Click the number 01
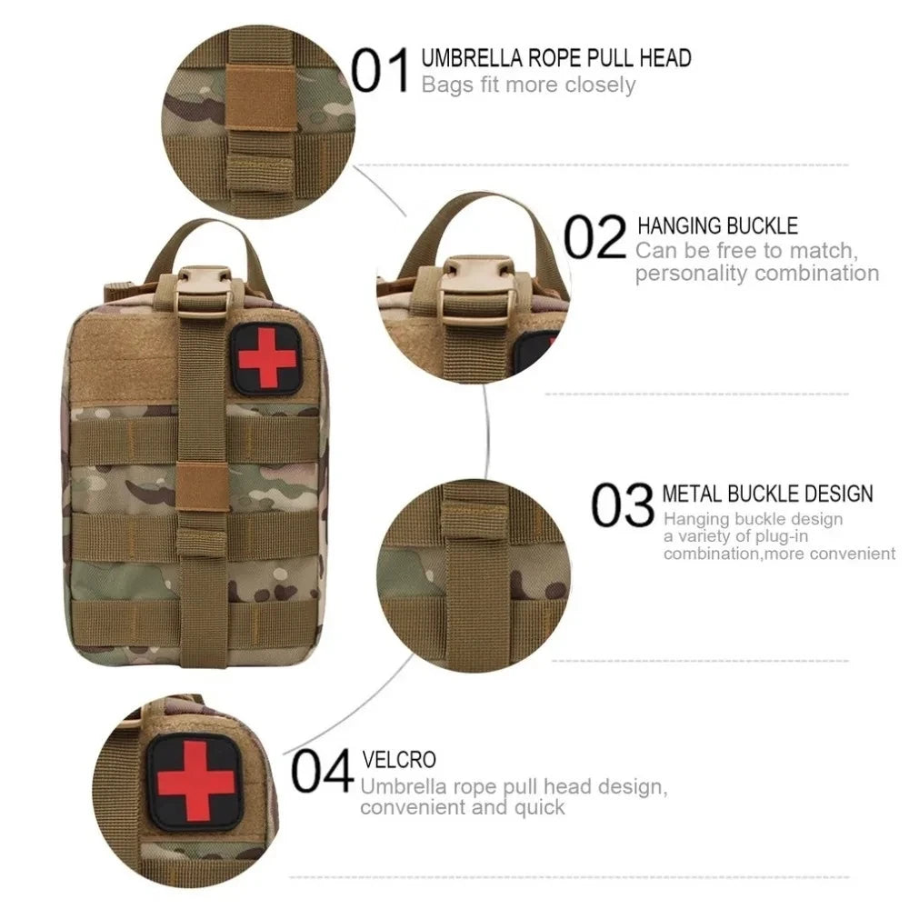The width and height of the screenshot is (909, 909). coord(380,72)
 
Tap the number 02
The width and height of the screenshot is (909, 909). coord(595,238)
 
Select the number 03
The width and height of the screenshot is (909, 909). coord(623,505)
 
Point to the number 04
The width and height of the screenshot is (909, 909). coord(322,772)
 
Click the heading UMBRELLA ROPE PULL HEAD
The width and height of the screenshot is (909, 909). coord(556,59)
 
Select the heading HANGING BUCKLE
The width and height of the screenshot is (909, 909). coord(717,225)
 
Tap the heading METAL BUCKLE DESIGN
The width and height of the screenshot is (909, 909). coord(767,494)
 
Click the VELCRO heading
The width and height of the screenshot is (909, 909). coord(399,759)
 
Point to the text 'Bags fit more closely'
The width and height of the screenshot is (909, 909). coord(528,85)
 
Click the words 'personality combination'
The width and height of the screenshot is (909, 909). coord(756,274)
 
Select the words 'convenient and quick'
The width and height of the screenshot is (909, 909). coord(463,807)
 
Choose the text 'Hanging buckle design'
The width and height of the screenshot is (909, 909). coord(753,519)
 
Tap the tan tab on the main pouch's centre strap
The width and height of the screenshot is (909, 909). coord(203,486)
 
